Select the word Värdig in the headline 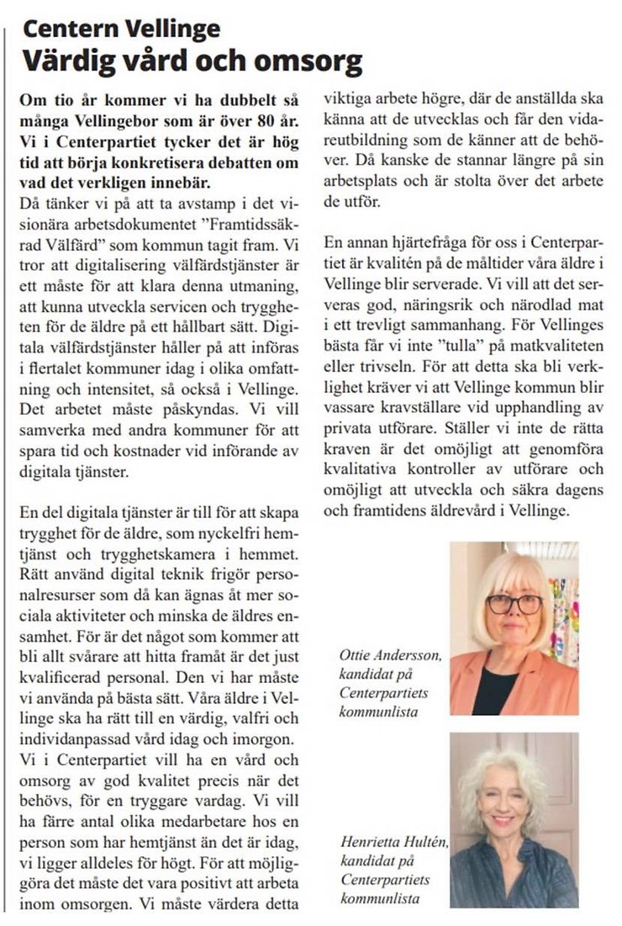click(x=65, y=61)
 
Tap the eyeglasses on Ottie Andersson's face click(x=513, y=604)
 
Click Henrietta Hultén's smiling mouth click(x=502, y=820)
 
